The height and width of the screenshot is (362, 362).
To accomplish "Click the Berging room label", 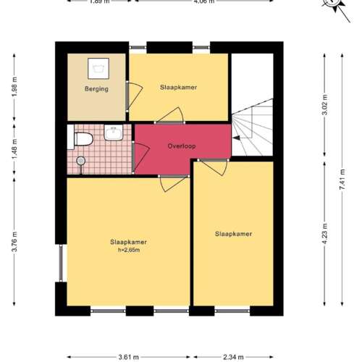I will click(x=96, y=89).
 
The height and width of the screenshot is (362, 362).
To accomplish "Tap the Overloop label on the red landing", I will click(x=182, y=146).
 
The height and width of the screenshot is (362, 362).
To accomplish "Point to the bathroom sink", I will click(x=114, y=132).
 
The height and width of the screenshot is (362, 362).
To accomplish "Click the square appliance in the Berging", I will click(x=96, y=67).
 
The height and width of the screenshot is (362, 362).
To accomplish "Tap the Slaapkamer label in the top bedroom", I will click(x=178, y=87).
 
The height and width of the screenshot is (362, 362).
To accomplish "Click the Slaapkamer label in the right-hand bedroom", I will click(x=233, y=234).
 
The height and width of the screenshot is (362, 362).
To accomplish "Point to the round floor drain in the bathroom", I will click(x=80, y=160).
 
